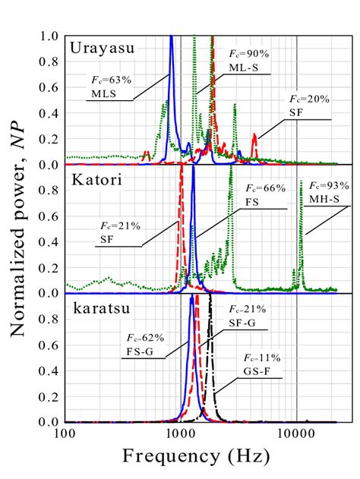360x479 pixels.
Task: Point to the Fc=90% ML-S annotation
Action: tap(248, 61)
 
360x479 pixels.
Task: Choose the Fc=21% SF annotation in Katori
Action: tap(118, 232)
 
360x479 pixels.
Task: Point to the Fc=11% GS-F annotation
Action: tap(259, 363)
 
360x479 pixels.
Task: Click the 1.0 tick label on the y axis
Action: tap(50, 36)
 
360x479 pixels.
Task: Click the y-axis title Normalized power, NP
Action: tap(21, 228)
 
